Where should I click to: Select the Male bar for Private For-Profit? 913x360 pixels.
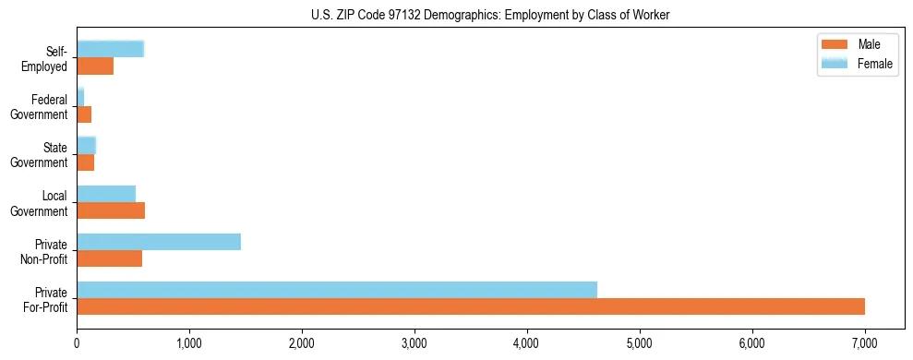(471, 306)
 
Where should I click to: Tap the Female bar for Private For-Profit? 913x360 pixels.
(337, 290)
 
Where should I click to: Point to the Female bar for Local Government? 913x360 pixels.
(106, 194)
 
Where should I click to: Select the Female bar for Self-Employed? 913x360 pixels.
(110, 49)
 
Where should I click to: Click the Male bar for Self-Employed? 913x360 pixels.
(95, 66)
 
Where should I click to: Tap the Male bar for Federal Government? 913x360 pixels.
(84, 114)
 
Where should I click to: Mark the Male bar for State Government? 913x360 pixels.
(85, 162)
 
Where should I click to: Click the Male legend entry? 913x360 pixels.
(858, 45)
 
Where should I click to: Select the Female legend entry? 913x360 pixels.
(858, 63)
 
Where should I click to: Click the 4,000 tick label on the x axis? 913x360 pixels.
(527, 343)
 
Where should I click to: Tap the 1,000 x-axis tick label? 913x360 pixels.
(189, 343)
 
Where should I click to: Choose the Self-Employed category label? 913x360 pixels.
(45, 58)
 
